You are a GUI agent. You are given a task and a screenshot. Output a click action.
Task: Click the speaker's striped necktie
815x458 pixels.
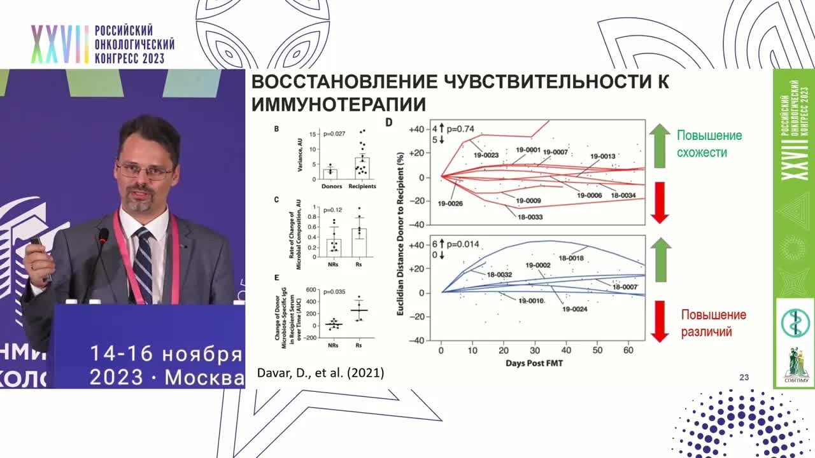142,264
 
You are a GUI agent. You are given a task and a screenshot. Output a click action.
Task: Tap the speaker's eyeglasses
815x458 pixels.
145,170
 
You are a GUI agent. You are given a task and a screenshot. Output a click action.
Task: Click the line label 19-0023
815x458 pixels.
486,154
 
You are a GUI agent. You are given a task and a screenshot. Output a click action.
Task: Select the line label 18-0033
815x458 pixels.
526,217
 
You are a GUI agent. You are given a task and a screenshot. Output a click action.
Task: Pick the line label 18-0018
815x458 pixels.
571,258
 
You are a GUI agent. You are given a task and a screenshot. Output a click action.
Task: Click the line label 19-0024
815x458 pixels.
575,309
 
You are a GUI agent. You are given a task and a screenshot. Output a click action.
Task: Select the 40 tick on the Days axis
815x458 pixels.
565,350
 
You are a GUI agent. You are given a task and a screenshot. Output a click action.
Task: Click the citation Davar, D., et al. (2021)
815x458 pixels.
320,373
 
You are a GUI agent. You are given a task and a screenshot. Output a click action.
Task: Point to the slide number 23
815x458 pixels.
744,377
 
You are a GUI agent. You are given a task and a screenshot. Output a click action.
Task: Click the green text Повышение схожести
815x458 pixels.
709,144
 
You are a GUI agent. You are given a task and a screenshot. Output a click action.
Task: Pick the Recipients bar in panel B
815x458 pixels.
362,168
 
